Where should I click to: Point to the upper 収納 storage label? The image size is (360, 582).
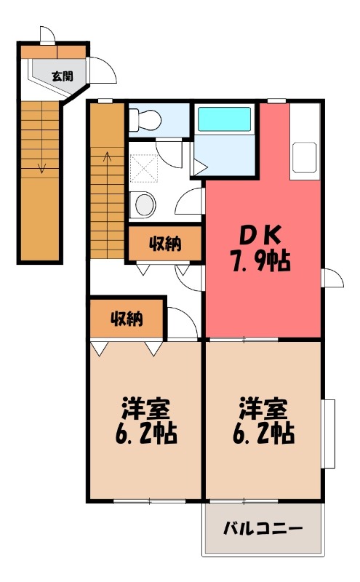[x=165, y=244]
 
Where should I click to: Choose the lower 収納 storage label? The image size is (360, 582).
[x=127, y=318]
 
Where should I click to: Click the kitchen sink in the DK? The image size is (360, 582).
[x=304, y=159]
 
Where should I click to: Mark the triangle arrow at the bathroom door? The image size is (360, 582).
[x=200, y=166]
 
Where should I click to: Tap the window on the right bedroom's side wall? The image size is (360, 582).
[x=329, y=434]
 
